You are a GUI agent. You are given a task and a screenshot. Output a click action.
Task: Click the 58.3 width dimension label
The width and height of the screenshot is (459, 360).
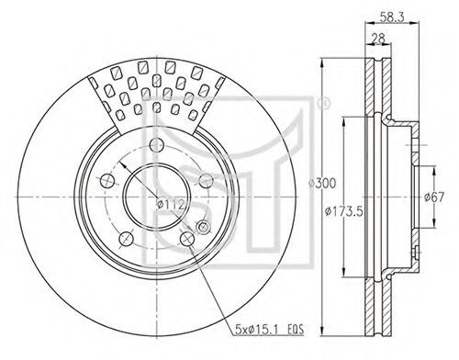pyautogui.click(x=392, y=17)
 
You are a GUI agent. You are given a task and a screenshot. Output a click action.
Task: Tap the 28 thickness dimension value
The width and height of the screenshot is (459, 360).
pyautogui.click(x=378, y=39)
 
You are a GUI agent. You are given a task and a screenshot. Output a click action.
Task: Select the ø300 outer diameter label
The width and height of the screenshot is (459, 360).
pyautogui.click(x=322, y=184)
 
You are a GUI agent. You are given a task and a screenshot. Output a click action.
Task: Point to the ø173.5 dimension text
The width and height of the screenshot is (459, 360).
pyautogui.click(x=344, y=210)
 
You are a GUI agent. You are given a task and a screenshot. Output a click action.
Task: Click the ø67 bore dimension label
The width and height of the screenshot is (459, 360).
pyautogui.click(x=434, y=197)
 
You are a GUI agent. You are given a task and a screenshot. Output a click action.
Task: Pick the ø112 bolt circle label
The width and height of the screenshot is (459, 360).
pyautogui.click(x=170, y=204)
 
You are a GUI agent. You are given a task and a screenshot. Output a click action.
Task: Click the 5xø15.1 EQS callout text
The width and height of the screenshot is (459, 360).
pyautogui.click(x=269, y=330)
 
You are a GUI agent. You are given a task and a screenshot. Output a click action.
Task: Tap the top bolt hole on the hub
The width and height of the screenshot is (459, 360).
pyautogui.click(x=156, y=145)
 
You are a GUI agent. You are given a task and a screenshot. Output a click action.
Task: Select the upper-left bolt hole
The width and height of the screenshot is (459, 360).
pyautogui.click(x=107, y=181)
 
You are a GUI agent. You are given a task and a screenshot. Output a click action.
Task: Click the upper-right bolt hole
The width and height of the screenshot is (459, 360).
pyautogui.click(x=206, y=181)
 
